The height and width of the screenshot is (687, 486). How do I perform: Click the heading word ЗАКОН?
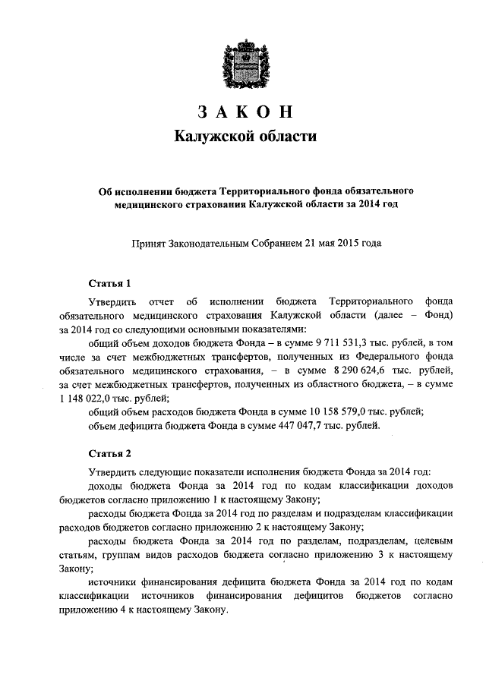(245, 111)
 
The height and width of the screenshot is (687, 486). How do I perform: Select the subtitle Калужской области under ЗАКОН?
(245, 137)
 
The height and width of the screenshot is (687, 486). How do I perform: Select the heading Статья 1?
(110, 284)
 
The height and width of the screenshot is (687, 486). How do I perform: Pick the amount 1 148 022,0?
(86, 399)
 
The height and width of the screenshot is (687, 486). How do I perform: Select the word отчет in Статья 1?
(166, 302)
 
